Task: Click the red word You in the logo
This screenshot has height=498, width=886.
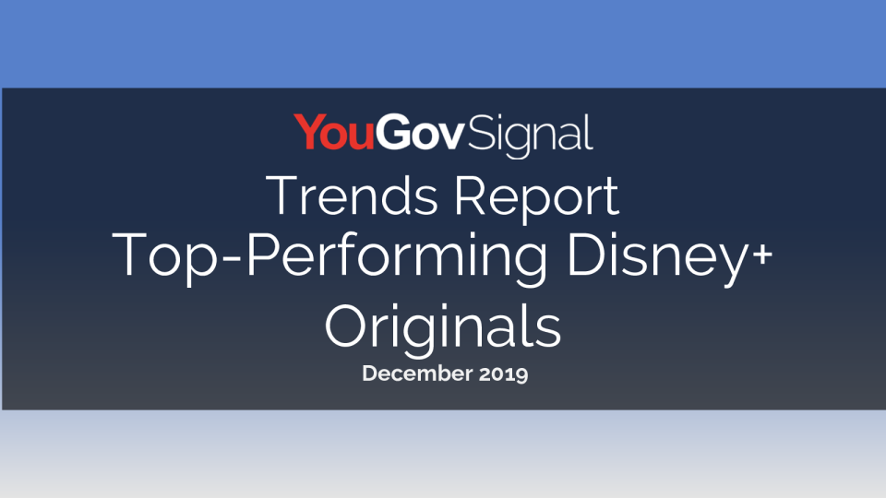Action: (x=334, y=132)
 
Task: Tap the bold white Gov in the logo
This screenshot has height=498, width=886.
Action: (x=420, y=132)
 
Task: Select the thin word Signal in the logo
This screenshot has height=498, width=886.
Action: (x=530, y=136)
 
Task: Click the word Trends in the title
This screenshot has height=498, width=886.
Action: (x=352, y=196)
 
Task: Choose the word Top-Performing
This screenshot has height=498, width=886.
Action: (x=329, y=257)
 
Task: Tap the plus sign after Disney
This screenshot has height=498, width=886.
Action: (x=762, y=255)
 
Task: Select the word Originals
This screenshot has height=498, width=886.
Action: (x=443, y=328)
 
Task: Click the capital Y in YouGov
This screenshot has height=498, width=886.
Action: (x=309, y=132)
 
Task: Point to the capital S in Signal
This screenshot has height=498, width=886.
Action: (x=479, y=132)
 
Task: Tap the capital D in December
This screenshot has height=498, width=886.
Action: (x=371, y=373)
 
